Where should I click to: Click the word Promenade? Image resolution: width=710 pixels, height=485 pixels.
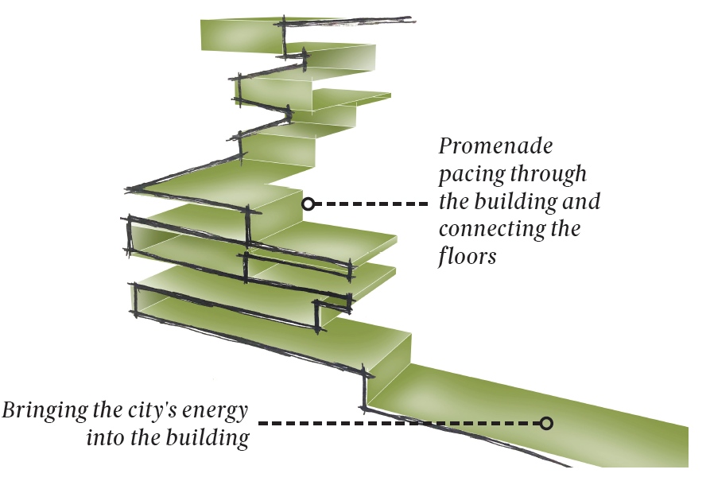pos(495,147)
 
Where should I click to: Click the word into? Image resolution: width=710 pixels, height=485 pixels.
pos(103,438)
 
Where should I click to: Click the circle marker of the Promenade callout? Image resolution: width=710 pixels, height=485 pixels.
pos(308,204)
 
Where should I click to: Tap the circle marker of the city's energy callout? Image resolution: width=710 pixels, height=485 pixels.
pos(546,423)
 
